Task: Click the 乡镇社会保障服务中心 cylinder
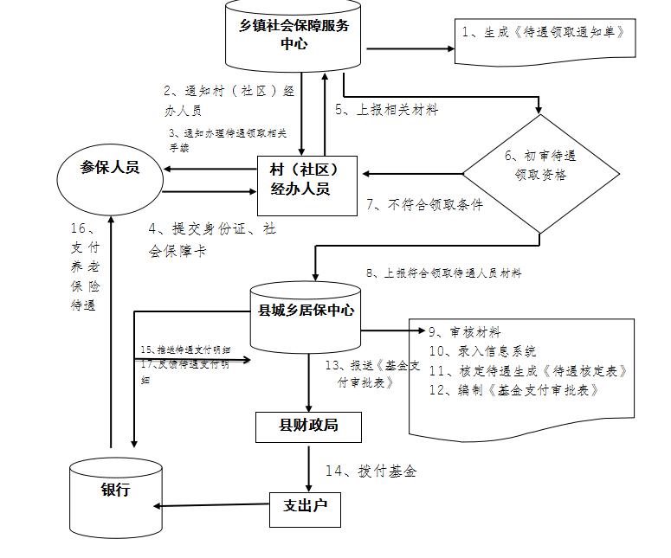tap(294, 36)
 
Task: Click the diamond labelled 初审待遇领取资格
tap(540, 174)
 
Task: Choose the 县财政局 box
tap(307, 426)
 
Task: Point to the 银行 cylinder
tap(116, 497)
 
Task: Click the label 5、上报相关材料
tap(387, 110)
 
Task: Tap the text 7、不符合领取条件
tap(424, 204)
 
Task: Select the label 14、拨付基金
tap(371, 471)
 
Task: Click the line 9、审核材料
tap(464, 332)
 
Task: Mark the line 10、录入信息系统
tap(482, 351)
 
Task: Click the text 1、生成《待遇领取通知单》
tap(543, 32)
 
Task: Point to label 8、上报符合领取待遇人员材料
tap(443, 273)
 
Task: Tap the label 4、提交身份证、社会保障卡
tap(212, 240)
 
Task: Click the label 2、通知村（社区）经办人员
tap(229, 99)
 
